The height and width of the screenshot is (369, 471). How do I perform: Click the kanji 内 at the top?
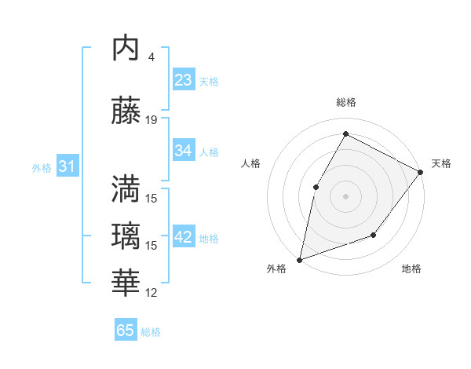click(126, 49)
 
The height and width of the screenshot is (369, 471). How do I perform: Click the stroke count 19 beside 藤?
click(152, 119)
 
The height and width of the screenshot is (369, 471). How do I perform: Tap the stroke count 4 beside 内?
click(151, 57)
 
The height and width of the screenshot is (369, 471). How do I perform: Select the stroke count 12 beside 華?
click(152, 293)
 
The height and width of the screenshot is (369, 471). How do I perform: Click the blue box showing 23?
click(184, 80)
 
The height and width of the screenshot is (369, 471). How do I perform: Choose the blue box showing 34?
click(184, 151)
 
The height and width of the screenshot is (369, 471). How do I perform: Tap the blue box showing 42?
click(184, 237)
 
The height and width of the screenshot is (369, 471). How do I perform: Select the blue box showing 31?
click(67, 166)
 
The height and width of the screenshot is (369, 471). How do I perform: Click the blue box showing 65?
click(126, 331)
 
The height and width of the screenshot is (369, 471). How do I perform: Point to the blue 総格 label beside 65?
click(151, 332)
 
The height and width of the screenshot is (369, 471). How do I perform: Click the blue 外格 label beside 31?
click(42, 167)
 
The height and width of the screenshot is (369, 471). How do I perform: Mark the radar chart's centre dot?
click(345, 195)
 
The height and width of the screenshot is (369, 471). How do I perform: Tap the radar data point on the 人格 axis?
click(316, 186)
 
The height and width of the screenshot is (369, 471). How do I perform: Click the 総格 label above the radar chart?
click(345, 102)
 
